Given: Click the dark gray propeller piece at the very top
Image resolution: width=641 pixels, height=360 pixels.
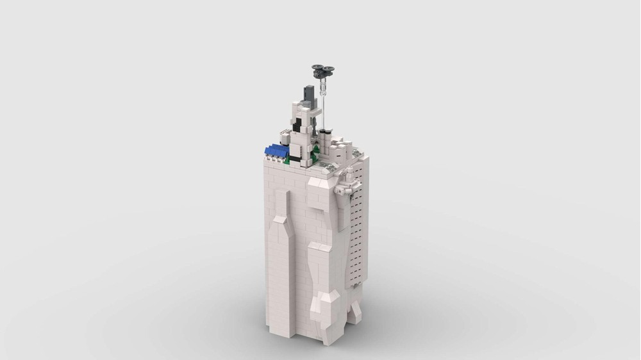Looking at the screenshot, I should (324, 69).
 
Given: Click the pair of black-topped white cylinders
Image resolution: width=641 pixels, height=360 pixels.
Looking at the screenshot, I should (326, 133).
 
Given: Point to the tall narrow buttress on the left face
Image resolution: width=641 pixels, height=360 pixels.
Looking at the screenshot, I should (279, 269).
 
